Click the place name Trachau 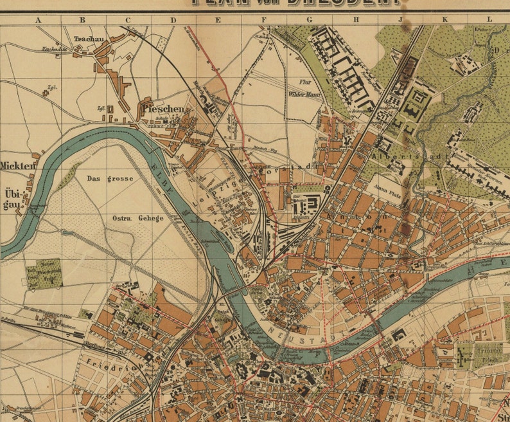[x=89, y=39]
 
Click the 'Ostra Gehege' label [x=138, y=218]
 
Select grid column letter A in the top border [x=37, y=20]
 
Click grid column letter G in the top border [x=310, y=20]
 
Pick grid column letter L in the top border [x=489, y=20]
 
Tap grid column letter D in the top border [x=173, y=20]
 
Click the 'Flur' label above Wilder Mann [x=304, y=82]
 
